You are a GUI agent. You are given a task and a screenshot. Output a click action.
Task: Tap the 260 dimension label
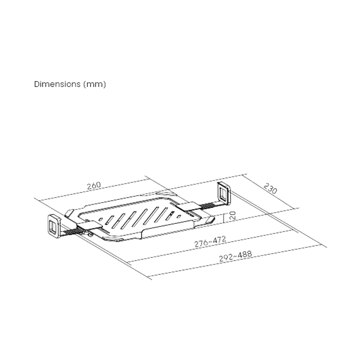93,185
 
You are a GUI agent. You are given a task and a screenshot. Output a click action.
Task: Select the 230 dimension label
270,188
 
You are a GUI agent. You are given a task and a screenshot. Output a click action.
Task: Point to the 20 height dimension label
231,216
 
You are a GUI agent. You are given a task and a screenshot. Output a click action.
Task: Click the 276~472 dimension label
210,242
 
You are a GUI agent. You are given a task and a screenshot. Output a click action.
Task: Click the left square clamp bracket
53,225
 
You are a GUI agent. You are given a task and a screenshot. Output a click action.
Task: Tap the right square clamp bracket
224,192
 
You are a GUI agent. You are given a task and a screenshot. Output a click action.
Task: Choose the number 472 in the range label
219,240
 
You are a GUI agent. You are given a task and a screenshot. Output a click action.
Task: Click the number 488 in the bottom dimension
245,255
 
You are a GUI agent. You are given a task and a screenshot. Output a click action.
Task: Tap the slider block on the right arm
187,208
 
